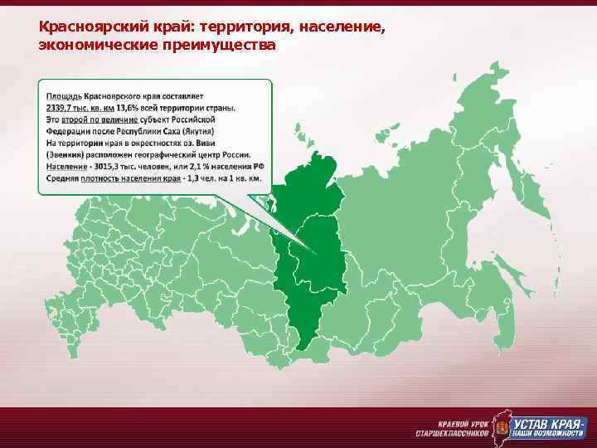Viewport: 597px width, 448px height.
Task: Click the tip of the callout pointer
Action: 316,254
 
